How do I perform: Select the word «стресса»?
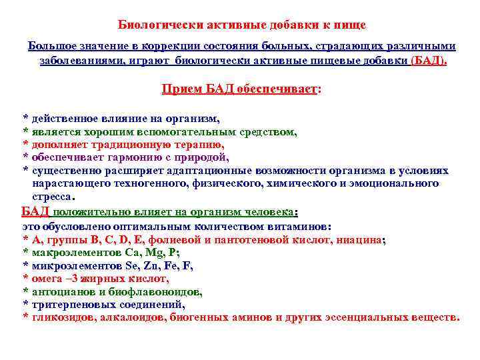coord(53,197)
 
